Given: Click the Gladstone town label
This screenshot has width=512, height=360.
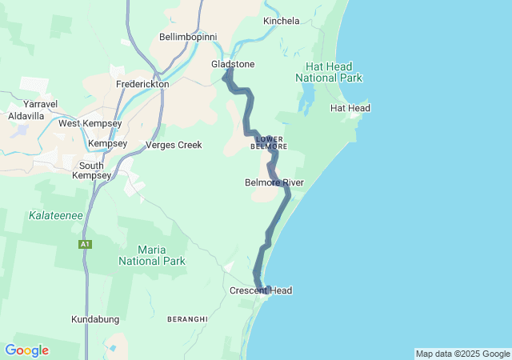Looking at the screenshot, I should (x=233, y=64).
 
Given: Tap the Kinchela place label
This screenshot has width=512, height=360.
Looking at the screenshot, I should (x=281, y=20).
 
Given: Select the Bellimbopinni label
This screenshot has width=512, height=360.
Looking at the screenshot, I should (x=188, y=37).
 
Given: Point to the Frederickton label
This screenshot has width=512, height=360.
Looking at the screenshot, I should (x=142, y=83).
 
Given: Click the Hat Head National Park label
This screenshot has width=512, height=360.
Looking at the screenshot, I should (x=329, y=72).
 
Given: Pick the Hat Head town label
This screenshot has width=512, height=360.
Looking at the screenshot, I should (x=350, y=108).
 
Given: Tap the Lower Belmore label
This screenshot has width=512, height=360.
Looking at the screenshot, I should (x=269, y=142).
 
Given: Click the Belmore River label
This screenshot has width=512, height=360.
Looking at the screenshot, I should (x=274, y=182).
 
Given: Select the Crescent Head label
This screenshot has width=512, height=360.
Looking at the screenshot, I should (x=261, y=290).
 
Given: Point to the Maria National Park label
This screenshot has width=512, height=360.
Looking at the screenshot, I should (x=152, y=255).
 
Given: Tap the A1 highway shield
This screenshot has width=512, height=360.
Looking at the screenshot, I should (x=84, y=244).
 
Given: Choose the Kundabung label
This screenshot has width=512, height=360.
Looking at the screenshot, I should (x=95, y=319).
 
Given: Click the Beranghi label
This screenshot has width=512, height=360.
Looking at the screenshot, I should (x=188, y=319).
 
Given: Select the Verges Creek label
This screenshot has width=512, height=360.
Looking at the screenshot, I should (x=174, y=145).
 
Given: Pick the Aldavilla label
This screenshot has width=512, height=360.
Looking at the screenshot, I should (x=26, y=116).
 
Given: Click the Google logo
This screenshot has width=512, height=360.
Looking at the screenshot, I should (x=26, y=350).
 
